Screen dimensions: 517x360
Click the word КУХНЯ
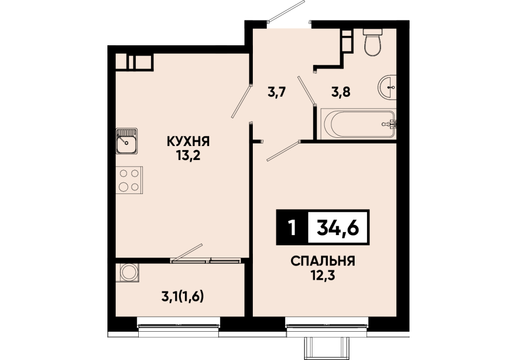click(x=188, y=141)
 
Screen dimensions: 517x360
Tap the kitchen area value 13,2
click(x=188, y=155)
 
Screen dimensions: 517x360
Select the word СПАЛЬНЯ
click(x=323, y=261)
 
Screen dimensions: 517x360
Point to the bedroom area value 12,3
click(x=323, y=275)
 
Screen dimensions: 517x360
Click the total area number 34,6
click(x=338, y=228)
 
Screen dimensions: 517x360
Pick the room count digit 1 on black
click(x=291, y=228)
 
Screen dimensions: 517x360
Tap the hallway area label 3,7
click(x=276, y=92)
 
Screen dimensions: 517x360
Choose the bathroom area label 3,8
click(x=341, y=92)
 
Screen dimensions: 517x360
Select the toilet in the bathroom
click(x=373, y=42)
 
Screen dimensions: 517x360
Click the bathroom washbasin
click(x=387, y=87)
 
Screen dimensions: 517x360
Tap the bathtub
click(x=359, y=124)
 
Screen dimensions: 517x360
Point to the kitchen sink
click(x=127, y=141)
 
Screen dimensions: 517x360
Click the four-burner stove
click(x=130, y=180)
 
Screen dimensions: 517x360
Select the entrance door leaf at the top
click(x=286, y=11)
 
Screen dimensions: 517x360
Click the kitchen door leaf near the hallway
click(x=242, y=102)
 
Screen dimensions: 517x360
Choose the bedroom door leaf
click(x=284, y=151)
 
